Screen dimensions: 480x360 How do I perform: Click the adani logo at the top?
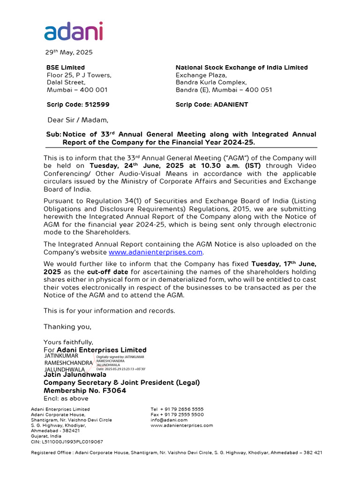[74, 31]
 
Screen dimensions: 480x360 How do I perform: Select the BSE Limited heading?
[65, 67]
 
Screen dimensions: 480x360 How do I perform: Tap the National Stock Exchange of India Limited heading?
[241, 67]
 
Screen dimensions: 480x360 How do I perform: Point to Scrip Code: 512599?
[78, 105]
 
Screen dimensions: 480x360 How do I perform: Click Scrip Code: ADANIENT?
[211, 105]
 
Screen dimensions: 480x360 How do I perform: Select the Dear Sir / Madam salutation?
[78, 120]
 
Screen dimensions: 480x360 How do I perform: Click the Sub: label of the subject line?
[53, 135]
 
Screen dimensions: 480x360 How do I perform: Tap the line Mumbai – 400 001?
[77, 90]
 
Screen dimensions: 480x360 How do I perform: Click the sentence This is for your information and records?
[109, 311]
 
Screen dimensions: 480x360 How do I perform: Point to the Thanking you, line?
[67, 327]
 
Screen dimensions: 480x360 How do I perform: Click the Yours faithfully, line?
[68, 342]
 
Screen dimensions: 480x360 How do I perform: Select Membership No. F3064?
[85, 390]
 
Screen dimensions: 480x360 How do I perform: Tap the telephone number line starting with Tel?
[177, 409]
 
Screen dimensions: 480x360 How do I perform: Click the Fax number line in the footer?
[177, 415]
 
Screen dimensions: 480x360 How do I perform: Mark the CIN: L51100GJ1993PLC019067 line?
[67, 442]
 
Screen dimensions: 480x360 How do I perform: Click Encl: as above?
[66, 398]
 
